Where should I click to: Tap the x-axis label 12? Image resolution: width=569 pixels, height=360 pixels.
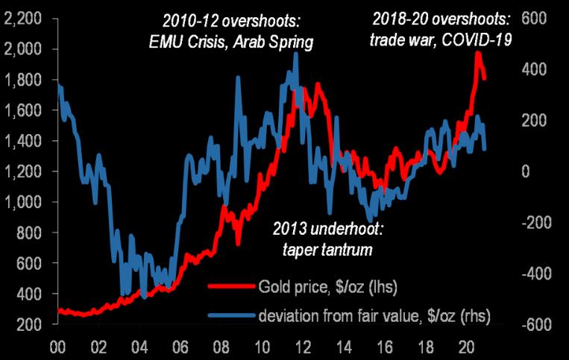pyautogui.click(x=302, y=348)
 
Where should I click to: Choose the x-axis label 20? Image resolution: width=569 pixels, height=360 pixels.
pyautogui.click(x=466, y=348)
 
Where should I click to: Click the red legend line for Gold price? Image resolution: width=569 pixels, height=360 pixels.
pyautogui.click(x=231, y=286)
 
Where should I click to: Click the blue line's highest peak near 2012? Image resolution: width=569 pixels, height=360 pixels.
pyautogui.click(x=296, y=54)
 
